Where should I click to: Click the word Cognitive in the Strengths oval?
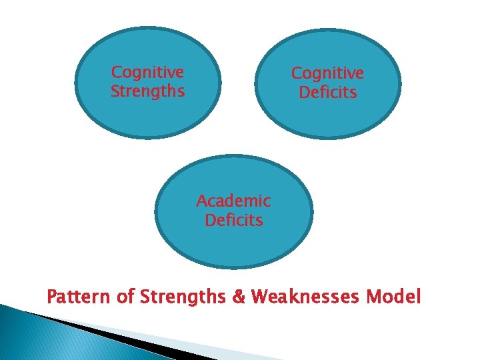tap(147, 72)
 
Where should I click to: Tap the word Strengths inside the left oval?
tap(147, 91)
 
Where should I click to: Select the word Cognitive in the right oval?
tap(327, 73)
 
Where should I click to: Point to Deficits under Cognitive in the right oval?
tap(327, 93)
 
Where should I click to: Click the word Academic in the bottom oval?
tap(233, 201)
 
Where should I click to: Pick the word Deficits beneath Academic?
tap(233, 220)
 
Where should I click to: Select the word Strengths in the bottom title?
tap(183, 297)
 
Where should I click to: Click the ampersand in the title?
tap(239, 297)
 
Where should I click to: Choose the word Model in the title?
tap(398, 297)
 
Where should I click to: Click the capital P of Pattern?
tap(53, 297)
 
